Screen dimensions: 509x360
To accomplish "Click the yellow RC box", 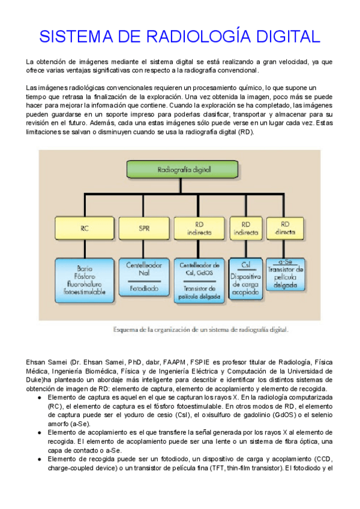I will (84, 229).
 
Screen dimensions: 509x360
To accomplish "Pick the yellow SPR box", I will (144, 229).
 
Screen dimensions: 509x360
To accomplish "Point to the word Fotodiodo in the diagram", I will (144, 288).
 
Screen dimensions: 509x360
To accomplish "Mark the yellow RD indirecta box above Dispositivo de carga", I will (245, 229).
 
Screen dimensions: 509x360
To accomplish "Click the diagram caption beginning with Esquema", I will (202, 329).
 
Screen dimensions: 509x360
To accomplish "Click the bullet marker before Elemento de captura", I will (40, 398).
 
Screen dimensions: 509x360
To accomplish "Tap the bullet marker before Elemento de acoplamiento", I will (40, 433).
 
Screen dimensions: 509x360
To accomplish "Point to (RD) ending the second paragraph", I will (246, 131).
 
